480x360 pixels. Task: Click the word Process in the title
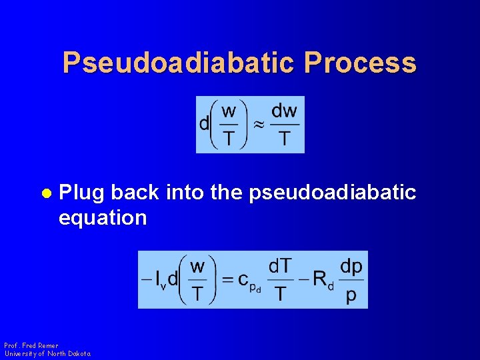click(x=360, y=63)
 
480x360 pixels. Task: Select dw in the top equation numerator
click(x=284, y=111)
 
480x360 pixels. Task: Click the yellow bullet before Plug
click(x=46, y=193)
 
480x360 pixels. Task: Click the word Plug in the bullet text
click(x=82, y=193)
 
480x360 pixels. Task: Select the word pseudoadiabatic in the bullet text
click(x=332, y=193)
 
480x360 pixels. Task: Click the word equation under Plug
click(x=103, y=217)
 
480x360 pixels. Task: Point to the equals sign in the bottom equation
click(x=228, y=279)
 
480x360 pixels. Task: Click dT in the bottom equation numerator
click(x=280, y=266)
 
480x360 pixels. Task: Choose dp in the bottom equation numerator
click(x=351, y=266)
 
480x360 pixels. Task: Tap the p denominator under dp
click(x=351, y=295)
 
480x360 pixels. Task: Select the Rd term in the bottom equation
click(x=324, y=281)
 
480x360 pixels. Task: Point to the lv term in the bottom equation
click(x=161, y=281)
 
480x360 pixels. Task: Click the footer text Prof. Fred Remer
click(x=31, y=345)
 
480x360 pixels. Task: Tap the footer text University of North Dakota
click(x=47, y=353)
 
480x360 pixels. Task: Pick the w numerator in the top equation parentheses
click(x=229, y=111)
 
